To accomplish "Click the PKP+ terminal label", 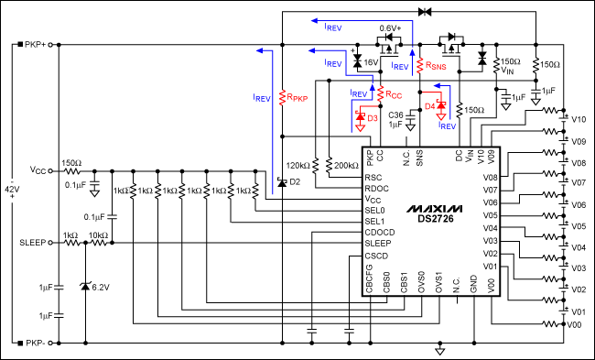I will click(x=33, y=44).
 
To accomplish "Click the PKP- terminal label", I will click(x=33, y=344).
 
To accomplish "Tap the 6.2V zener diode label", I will click(x=98, y=287).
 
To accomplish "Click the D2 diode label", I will click(x=294, y=181).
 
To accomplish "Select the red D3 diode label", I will click(x=373, y=118).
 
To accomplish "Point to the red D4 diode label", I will click(x=429, y=107).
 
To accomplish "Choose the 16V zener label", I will click(x=371, y=63).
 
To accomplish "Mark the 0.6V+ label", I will click(x=391, y=28).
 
